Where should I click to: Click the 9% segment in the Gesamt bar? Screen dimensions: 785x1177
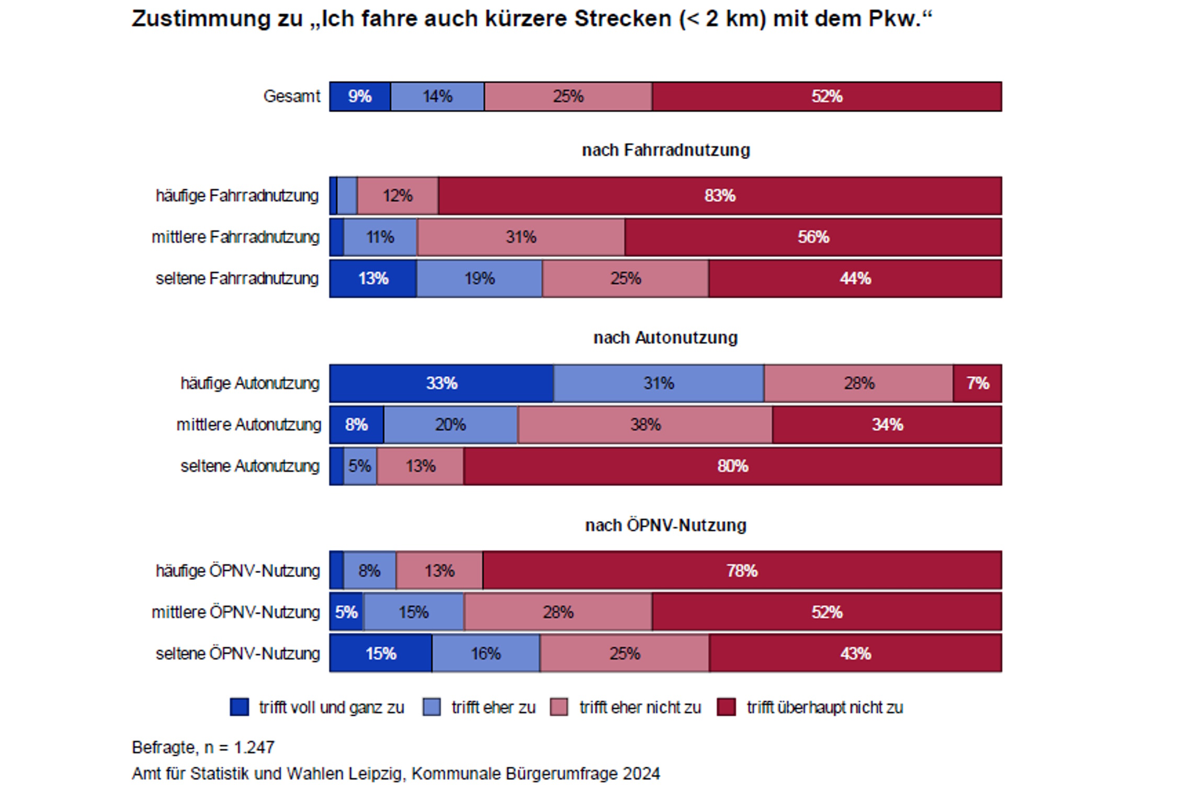(360, 96)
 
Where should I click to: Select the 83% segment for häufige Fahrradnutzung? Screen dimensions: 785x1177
(720, 196)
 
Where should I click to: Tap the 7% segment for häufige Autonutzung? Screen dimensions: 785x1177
(977, 383)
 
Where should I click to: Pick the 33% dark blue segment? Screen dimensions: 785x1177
(442, 383)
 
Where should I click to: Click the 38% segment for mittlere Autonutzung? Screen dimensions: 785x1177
(645, 424)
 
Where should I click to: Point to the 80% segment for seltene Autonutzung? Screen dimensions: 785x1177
(732, 466)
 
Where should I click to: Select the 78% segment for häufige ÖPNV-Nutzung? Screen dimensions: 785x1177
(742, 570)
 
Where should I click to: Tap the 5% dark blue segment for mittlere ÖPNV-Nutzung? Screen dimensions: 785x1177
(346, 612)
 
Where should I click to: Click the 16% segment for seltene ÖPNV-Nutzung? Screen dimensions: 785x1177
(485, 653)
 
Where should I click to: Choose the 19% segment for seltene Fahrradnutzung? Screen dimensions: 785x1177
(479, 278)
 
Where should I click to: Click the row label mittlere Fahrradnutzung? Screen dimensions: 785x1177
(235, 237)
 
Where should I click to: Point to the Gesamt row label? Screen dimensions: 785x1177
(291, 96)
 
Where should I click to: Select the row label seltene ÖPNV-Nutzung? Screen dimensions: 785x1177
(237, 653)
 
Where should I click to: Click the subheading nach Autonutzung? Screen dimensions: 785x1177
(665, 338)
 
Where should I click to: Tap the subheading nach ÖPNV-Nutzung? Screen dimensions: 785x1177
(665, 525)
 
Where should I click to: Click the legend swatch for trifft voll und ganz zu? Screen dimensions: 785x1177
(240, 707)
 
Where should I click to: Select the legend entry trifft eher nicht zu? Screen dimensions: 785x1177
(639, 707)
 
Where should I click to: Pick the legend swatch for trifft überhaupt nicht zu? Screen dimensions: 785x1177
(726, 707)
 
